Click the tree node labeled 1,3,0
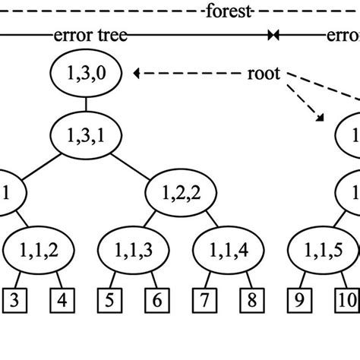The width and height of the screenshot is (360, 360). coord(86,74)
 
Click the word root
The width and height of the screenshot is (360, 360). coord(264,74)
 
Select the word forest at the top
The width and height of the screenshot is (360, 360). coord(226,11)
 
